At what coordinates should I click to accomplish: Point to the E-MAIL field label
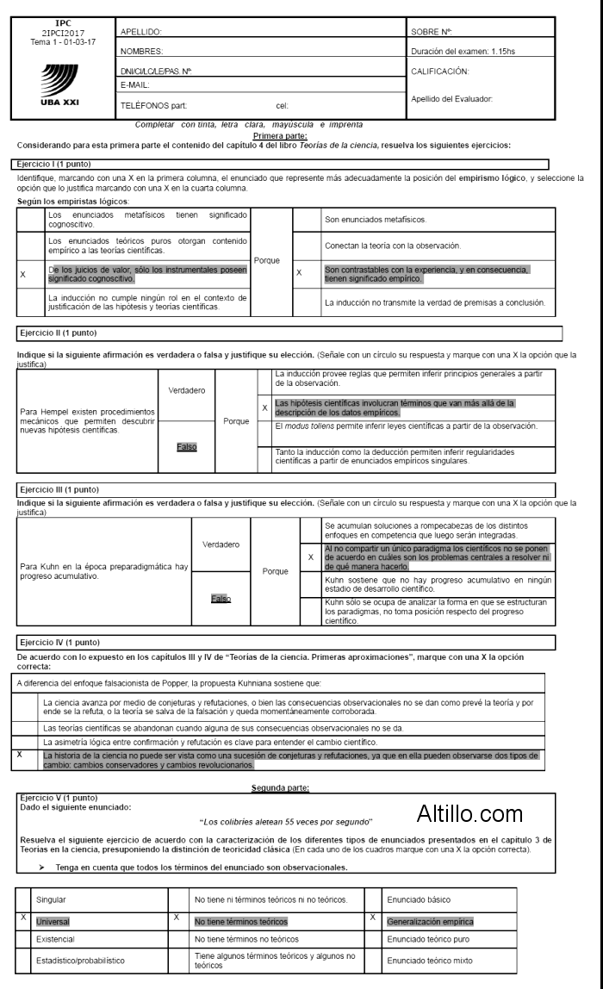[135, 85]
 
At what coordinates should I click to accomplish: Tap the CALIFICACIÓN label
[440, 71]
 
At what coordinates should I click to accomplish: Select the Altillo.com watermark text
[469, 812]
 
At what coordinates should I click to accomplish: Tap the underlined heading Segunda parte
[280, 787]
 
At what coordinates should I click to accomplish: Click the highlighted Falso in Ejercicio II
[186, 447]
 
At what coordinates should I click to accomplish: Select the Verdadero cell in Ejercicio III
[221, 544]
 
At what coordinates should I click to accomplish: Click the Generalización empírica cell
[430, 921]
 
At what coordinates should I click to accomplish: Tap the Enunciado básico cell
[419, 899]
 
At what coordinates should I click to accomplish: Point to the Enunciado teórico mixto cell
[428, 960]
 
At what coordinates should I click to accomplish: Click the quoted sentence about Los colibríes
[286, 822]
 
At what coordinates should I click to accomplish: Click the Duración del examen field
[463, 52]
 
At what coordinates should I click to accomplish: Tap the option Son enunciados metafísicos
[375, 220]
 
